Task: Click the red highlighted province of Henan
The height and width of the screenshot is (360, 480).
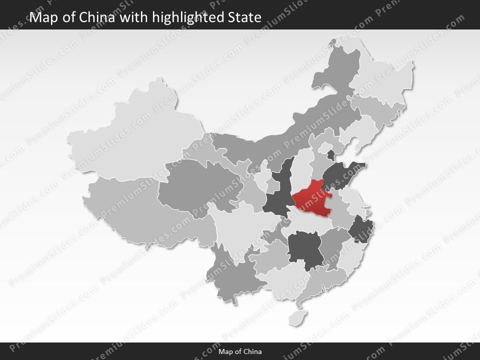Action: pos(311,199)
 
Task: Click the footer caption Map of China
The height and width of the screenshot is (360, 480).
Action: pos(240,351)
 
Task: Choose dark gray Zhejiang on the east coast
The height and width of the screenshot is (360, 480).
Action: pos(359,230)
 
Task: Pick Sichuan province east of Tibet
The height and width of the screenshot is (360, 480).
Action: pos(240,225)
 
